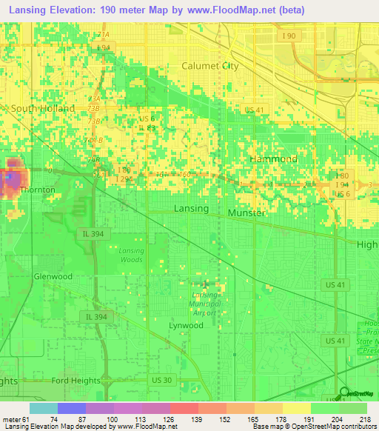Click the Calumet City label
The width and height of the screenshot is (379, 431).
click(210, 66)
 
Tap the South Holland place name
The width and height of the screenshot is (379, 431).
click(43, 108)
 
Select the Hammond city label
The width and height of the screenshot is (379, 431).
click(273, 159)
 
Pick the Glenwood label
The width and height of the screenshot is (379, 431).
click(53, 276)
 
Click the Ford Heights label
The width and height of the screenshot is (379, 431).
click(76, 381)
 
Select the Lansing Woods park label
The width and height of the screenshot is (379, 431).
click(131, 255)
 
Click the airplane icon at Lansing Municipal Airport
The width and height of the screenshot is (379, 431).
click(205, 284)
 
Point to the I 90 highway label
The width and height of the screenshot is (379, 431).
click(289, 36)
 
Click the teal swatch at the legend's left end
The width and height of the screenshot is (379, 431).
click(43, 408)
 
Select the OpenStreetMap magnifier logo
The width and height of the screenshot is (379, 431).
click(343, 394)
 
